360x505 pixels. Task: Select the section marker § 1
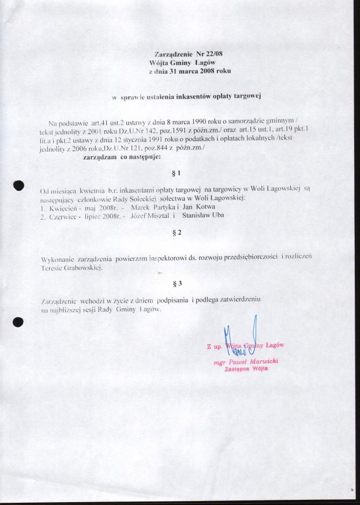tap(177, 173)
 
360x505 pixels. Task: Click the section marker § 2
tap(177, 232)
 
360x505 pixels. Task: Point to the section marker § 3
tap(177, 283)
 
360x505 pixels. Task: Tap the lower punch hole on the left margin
tap(18, 322)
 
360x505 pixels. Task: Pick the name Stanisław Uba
tap(203, 215)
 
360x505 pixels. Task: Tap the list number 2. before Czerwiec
tap(43, 215)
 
